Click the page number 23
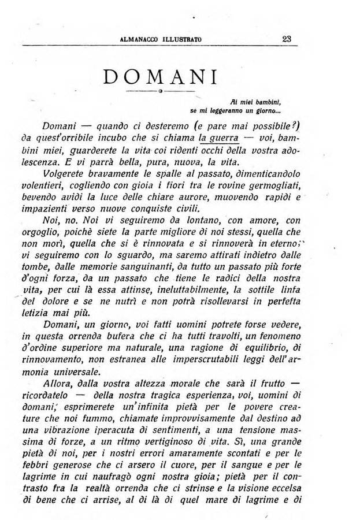[x=287, y=40]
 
